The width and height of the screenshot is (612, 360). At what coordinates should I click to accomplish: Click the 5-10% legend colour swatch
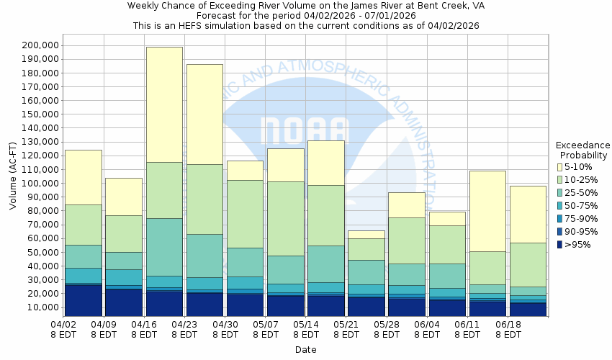[x=559, y=167]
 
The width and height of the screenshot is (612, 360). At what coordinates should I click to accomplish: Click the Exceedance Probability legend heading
[x=583, y=149]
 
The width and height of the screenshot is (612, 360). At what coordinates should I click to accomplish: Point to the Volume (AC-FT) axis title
[x=13, y=176]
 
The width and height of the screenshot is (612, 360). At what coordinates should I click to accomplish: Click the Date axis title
[x=305, y=350]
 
